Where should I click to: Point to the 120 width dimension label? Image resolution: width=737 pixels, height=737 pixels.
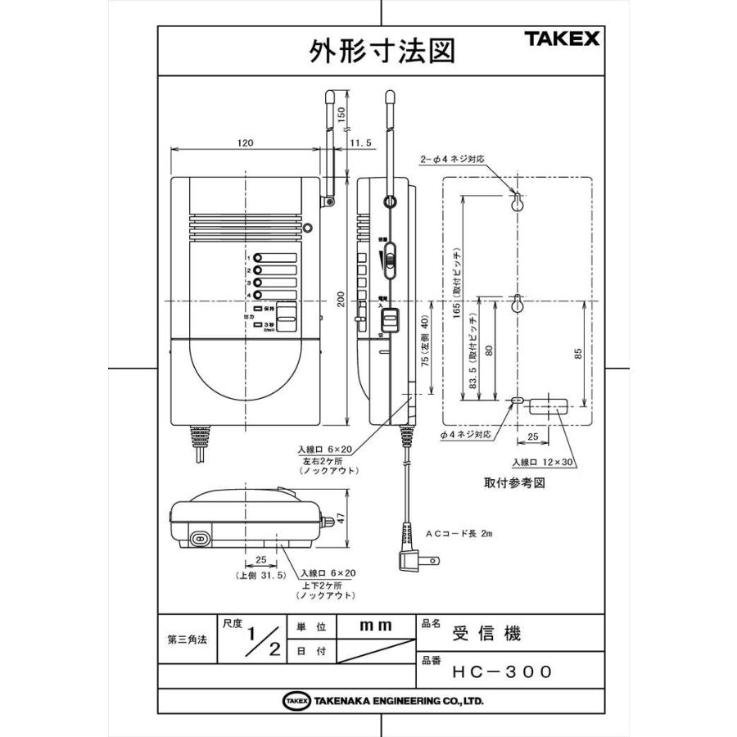pyautogui.click(x=243, y=142)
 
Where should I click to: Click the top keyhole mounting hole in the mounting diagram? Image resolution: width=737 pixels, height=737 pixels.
pyautogui.click(x=517, y=202)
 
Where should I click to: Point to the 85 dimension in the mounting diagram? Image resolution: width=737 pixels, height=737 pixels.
pyautogui.click(x=578, y=354)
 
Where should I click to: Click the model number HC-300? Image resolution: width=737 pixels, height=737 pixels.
pyautogui.click(x=502, y=671)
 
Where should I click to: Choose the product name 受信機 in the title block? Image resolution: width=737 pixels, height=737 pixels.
pyautogui.click(x=486, y=634)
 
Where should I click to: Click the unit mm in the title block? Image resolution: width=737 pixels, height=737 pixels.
pyautogui.click(x=376, y=625)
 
